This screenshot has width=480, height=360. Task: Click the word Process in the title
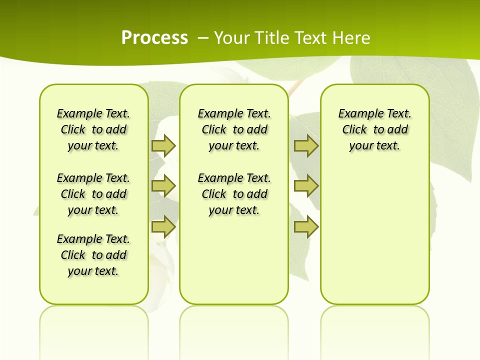click(x=154, y=37)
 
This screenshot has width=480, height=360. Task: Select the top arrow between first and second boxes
click(x=163, y=145)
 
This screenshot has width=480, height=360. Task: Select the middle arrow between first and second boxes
click(x=163, y=186)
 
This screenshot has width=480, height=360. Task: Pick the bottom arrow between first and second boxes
click(x=163, y=226)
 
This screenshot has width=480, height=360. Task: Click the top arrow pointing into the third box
click(x=306, y=145)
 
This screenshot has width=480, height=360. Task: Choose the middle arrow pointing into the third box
click(x=306, y=186)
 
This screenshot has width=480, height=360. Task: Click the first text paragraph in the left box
click(x=93, y=129)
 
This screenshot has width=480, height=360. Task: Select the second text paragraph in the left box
click(x=93, y=194)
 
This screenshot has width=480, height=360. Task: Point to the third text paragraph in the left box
click(x=93, y=255)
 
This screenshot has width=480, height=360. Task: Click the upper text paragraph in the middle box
click(x=234, y=129)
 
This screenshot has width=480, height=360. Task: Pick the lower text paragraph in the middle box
click(x=234, y=194)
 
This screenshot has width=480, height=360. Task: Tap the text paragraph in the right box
click(x=374, y=129)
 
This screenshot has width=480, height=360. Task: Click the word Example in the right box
click(x=356, y=113)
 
